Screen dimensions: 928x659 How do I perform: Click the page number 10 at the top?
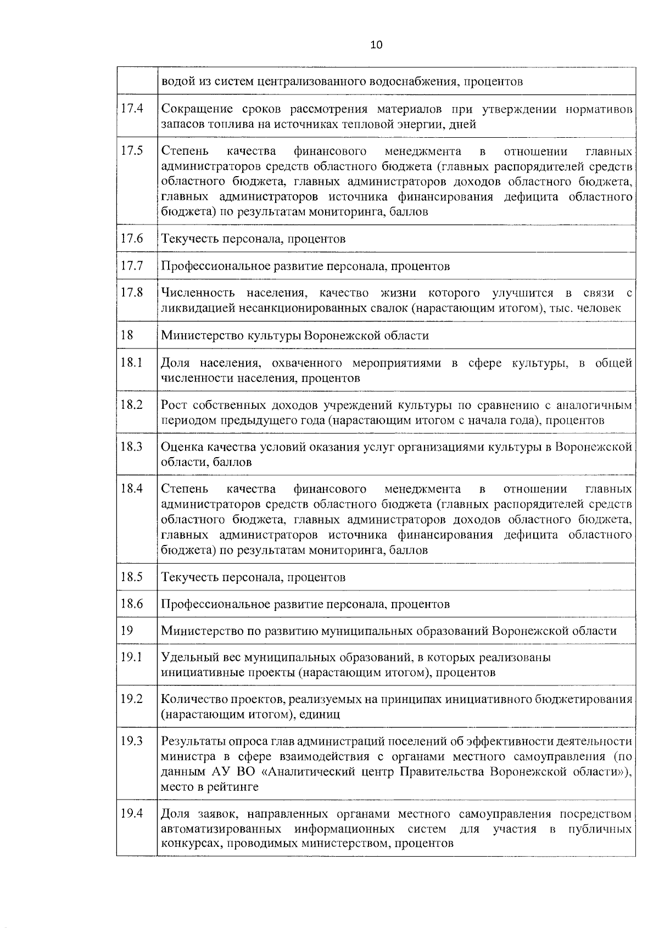pyautogui.click(x=376, y=45)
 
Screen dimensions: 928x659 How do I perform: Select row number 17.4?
pyautogui.click(x=132, y=109)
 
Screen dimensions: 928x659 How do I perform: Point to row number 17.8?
pyautogui.click(x=132, y=293)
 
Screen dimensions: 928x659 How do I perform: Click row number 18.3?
pyautogui.click(x=132, y=447)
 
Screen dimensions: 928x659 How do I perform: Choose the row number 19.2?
pyautogui.click(x=132, y=699)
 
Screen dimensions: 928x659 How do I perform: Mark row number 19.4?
pyautogui.click(x=132, y=813)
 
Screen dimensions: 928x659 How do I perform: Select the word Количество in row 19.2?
pyautogui.click(x=193, y=699)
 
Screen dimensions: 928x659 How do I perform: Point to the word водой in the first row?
pyautogui.click(x=176, y=82)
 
